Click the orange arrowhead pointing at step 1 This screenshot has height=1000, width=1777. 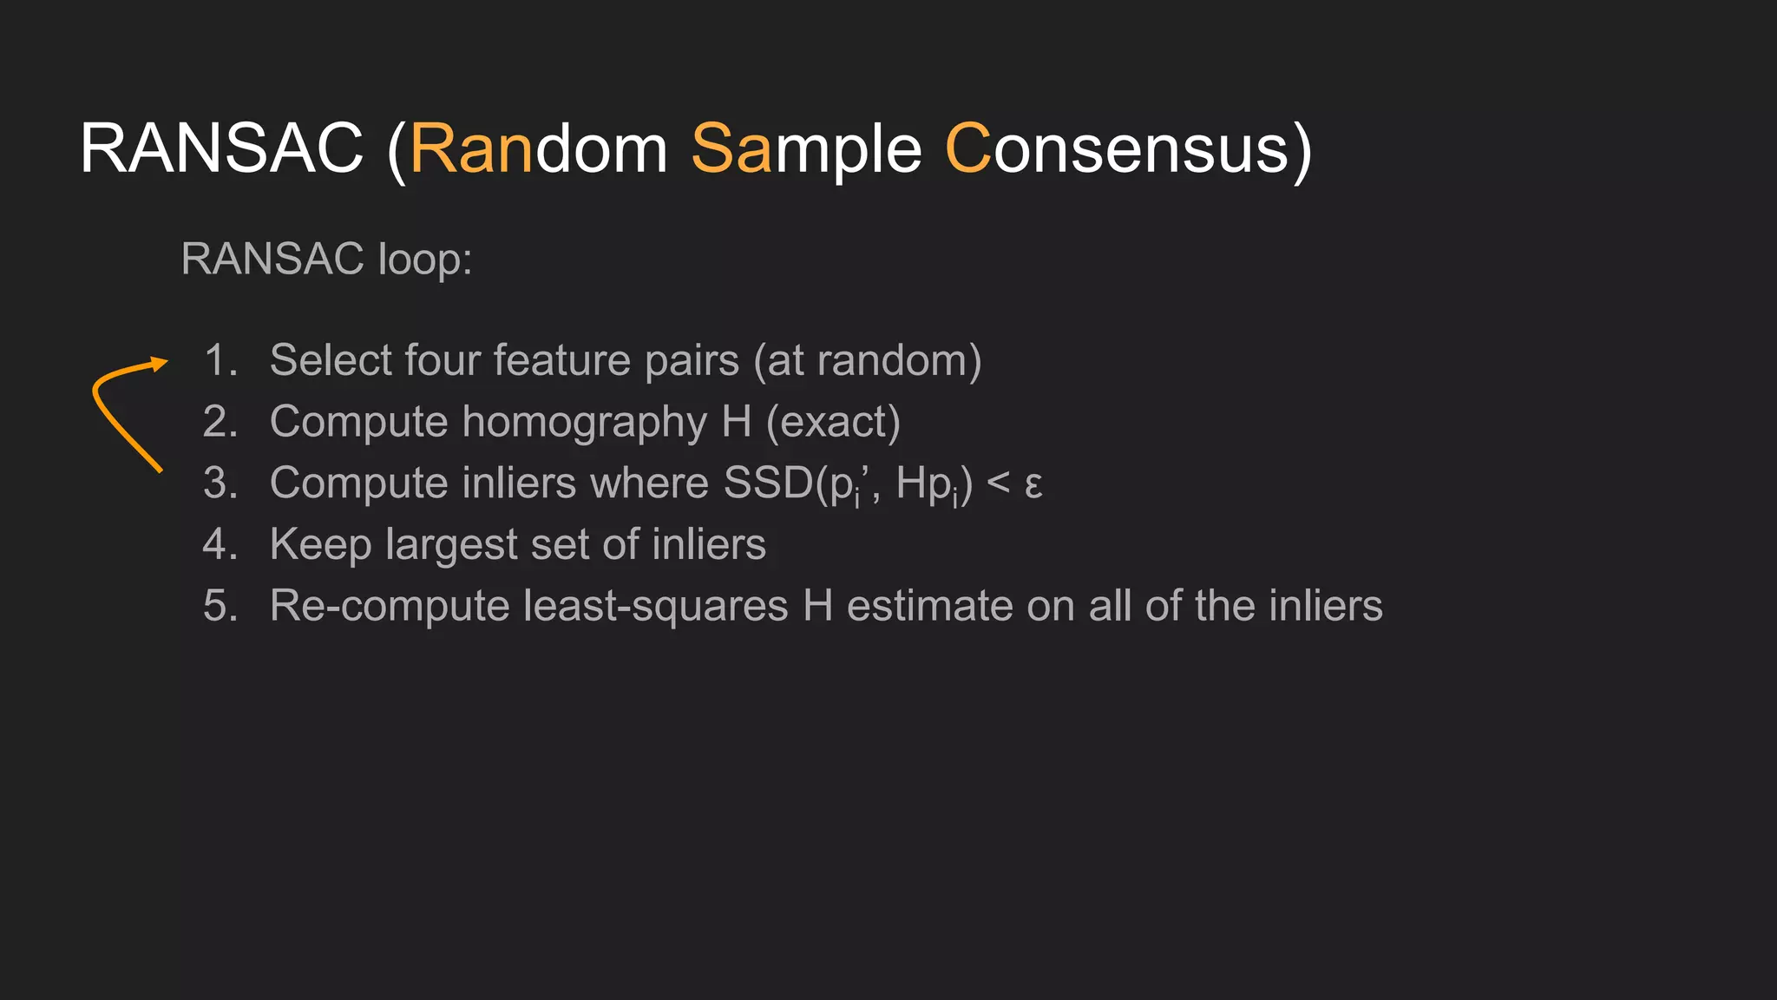click(x=159, y=364)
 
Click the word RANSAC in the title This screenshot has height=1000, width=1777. click(x=221, y=148)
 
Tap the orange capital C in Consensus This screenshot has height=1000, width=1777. click(x=967, y=148)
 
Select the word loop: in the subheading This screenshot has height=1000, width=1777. click(x=425, y=259)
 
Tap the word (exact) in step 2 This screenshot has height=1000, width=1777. click(x=833, y=423)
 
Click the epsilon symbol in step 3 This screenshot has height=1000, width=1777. click(x=1033, y=484)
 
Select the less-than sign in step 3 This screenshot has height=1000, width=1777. click(x=998, y=484)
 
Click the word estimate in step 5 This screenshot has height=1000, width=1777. click(x=929, y=606)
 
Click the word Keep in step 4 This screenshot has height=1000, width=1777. click(x=320, y=545)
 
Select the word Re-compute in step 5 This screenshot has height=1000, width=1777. click(x=389, y=606)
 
